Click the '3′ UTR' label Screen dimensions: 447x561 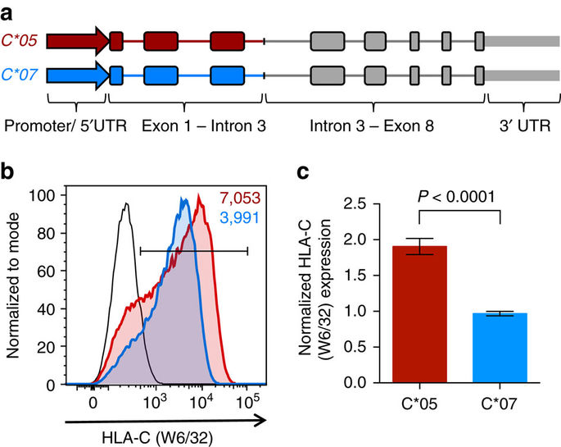point(518,127)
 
